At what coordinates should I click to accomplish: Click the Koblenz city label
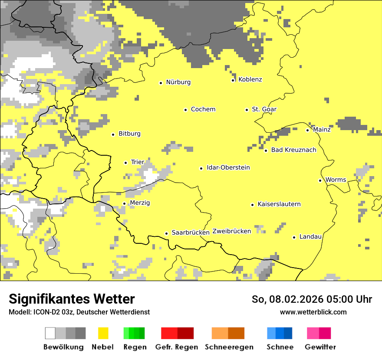tap(250, 79)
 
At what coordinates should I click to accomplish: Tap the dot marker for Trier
tap(125, 163)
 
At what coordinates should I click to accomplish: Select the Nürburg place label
tap(178, 82)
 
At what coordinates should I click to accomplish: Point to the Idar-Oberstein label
tap(228, 167)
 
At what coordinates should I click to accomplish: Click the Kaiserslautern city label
tap(279, 204)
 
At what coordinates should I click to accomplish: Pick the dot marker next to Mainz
tap(307, 130)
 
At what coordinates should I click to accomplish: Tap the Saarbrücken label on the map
tap(190, 232)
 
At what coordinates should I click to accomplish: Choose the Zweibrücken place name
tap(231, 231)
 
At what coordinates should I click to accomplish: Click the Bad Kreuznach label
tap(293, 150)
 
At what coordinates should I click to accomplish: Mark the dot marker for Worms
tap(320, 180)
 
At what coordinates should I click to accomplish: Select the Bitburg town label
tap(129, 134)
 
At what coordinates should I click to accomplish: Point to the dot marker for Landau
tap(294, 237)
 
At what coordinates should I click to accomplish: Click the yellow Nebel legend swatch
tap(103, 333)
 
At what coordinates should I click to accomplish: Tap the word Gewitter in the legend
tap(320, 347)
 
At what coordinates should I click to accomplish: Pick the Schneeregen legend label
tap(229, 347)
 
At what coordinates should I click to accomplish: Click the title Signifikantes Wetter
tap(72, 299)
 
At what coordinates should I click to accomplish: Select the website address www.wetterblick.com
tap(313, 312)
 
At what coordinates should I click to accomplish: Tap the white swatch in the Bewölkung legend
tap(50, 333)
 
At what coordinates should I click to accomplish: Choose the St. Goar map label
tap(264, 109)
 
